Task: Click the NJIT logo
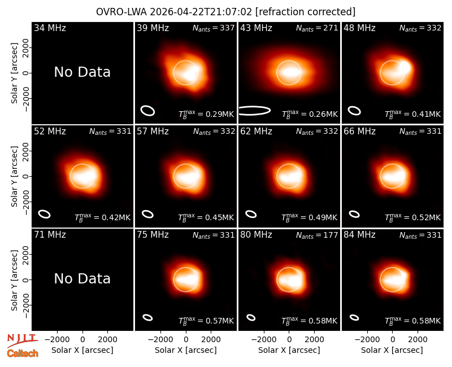pos(23,340)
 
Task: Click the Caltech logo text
pos(23,353)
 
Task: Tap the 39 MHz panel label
pos(153,28)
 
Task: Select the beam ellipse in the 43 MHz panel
pos(255,111)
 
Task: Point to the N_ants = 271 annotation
pos(317,28)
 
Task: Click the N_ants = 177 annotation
pos(317,235)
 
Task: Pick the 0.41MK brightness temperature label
pos(413,114)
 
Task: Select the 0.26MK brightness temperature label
pos(310,114)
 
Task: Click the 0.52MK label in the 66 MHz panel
pos(413,217)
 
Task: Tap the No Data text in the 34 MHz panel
pos(82,72)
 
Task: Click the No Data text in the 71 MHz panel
pos(82,279)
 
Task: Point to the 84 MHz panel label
pos(359,235)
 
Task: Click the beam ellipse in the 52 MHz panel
pos(45,214)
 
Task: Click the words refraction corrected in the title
pos(305,12)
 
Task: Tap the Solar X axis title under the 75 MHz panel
pos(186,350)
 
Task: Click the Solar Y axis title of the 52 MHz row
pos(14,176)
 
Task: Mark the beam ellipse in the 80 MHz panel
pos(251,317)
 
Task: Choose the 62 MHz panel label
pos(256,132)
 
